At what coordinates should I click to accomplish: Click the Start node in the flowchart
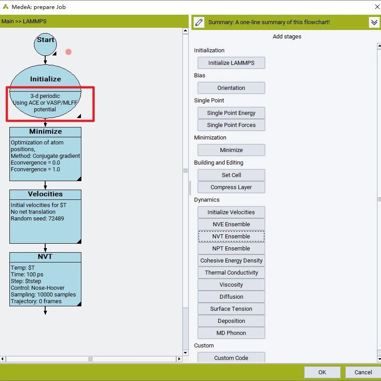pyautogui.click(x=45, y=44)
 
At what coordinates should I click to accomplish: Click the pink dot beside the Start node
pyautogui.click(x=68, y=52)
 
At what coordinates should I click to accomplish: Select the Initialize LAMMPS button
pyautogui.click(x=231, y=63)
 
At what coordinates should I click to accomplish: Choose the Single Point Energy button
pyautogui.click(x=231, y=113)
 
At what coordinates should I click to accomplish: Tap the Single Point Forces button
pyautogui.click(x=231, y=125)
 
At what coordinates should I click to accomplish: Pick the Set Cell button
pyautogui.click(x=231, y=175)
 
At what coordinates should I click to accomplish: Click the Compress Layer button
pyautogui.click(x=231, y=187)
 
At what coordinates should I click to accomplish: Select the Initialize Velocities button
pyautogui.click(x=231, y=212)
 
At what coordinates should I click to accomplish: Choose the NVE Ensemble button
pyautogui.click(x=231, y=224)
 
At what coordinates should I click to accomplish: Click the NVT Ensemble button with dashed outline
pyautogui.click(x=231, y=237)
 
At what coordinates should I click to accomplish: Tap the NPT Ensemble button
pyautogui.click(x=231, y=248)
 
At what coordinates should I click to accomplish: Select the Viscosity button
pyautogui.click(x=231, y=284)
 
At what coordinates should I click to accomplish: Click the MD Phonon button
pyautogui.click(x=231, y=333)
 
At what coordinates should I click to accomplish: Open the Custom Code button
pyautogui.click(x=231, y=358)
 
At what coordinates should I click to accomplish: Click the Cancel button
pyautogui.click(x=363, y=372)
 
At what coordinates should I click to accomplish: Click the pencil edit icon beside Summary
pyautogui.click(x=199, y=22)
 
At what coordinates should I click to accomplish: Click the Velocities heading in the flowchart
pyautogui.click(x=45, y=194)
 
